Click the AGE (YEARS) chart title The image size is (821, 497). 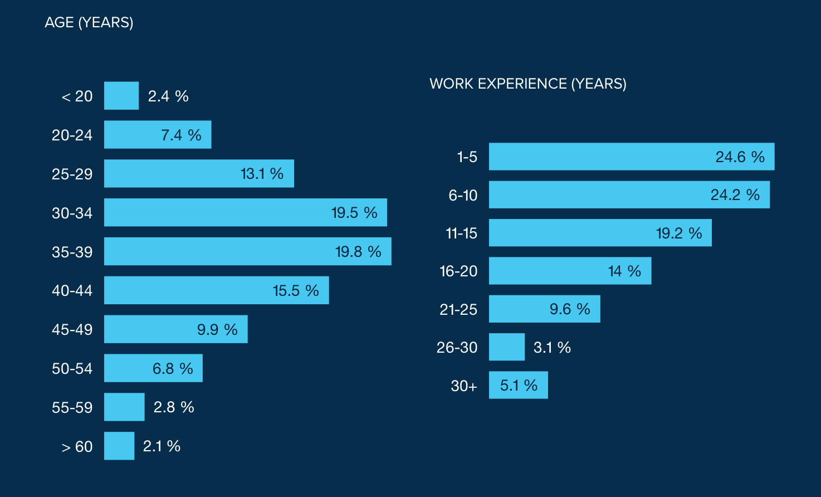(89, 22)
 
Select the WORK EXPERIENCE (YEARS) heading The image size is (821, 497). (527, 84)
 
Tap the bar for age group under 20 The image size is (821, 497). (121, 96)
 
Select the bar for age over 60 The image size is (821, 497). (119, 446)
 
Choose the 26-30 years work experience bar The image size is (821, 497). (506, 347)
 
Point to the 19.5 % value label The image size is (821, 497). (354, 213)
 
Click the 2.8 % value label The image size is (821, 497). (174, 407)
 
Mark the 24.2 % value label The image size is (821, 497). (735, 195)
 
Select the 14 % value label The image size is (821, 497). (624, 271)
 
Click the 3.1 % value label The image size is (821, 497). (552, 348)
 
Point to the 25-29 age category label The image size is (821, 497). (72, 174)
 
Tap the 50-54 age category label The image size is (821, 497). (72, 368)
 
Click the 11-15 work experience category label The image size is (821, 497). (461, 233)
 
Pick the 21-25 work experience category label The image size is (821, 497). (458, 309)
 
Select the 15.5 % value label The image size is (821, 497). (296, 291)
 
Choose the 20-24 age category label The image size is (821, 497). (72, 135)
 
